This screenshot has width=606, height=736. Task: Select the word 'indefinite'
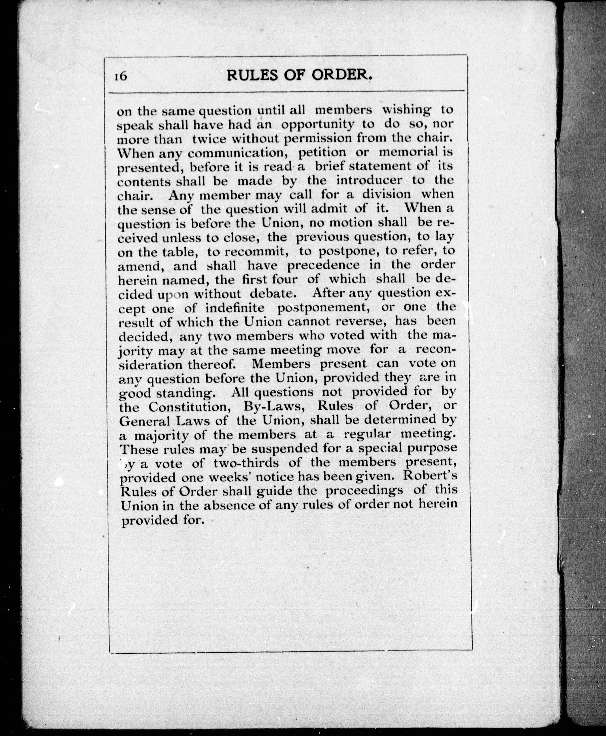(234, 308)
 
